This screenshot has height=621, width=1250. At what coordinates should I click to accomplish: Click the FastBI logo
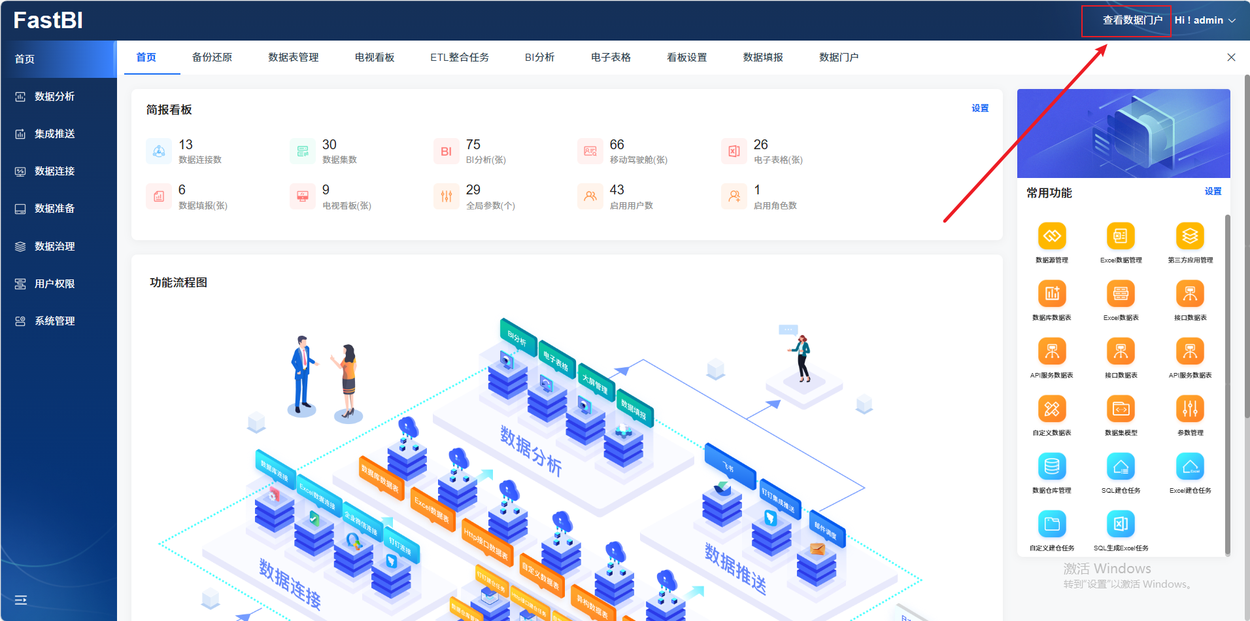(48, 20)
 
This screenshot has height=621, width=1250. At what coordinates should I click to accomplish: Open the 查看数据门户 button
(1132, 20)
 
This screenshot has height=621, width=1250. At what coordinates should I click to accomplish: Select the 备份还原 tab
(212, 58)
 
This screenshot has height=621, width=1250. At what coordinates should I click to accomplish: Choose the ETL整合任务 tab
(459, 58)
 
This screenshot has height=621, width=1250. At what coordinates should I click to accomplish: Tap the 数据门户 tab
(838, 58)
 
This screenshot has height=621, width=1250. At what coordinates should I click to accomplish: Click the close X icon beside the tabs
(1231, 58)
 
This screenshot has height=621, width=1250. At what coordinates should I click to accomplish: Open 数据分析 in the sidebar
(54, 96)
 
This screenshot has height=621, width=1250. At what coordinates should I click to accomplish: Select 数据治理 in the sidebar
(54, 246)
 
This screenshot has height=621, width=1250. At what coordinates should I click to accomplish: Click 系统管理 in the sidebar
(54, 321)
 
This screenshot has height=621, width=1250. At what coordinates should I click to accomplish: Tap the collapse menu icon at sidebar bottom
(21, 599)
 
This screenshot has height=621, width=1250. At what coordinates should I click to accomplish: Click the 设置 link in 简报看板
(979, 108)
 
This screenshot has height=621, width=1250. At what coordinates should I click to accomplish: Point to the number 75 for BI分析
(473, 145)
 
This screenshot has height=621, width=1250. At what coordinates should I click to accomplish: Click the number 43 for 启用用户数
(617, 190)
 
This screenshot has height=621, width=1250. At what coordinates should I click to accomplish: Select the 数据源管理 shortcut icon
(1052, 236)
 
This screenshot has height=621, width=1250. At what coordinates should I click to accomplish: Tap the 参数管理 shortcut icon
(1190, 409)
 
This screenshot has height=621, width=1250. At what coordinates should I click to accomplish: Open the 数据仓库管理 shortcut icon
(1052, 467)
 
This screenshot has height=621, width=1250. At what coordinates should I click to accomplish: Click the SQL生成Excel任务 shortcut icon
(1121, 524)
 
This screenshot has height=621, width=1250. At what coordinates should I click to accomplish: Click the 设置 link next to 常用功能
(1213, 191)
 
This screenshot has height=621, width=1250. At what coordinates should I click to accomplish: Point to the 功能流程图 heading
(178, 283)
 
